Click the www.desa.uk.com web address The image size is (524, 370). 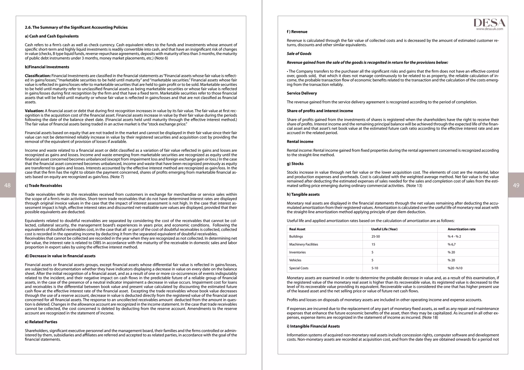pyautogui.click(x=489, y=29)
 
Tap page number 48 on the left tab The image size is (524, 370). pyautogui.click(x=7, y=185)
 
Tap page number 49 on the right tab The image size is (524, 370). pyautogui.click(x=516, y=185)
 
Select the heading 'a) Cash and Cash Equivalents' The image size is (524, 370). pyautogui.click(x=52, y=36)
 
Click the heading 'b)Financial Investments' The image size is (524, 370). pyautogui.click(x=47, y=67)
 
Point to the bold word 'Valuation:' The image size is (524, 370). pyautogui.click(x=34, y=111)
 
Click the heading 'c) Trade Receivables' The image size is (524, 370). pyautogui.click(x=43, y=186)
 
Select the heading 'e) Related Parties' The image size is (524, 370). pyautogui.click(x=41, y=322)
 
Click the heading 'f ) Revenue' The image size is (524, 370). pyautogui.click(x=297, y=32)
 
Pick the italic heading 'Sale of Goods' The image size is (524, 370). pyautogui.click(x=299, y=54)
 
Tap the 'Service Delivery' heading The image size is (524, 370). pyautogui.click(x=302, y=93)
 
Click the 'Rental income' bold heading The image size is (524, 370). pyautogui.click(x=300, y=142)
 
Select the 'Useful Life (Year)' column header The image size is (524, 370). pyautogui.click(x=384, y=229)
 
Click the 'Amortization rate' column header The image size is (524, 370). pyautogui.click(x=461, y=229)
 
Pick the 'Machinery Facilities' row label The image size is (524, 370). pyautogui.click(x=303, y=245)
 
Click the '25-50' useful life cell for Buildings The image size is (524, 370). pyautogui.click(x=375, y=237)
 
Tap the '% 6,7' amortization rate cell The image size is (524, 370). pyautogui.click(x=451, y=245)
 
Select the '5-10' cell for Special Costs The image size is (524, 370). pyautogui.click(x=375, y=268)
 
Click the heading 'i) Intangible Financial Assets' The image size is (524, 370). pyautogui.click(x=313, y=326)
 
